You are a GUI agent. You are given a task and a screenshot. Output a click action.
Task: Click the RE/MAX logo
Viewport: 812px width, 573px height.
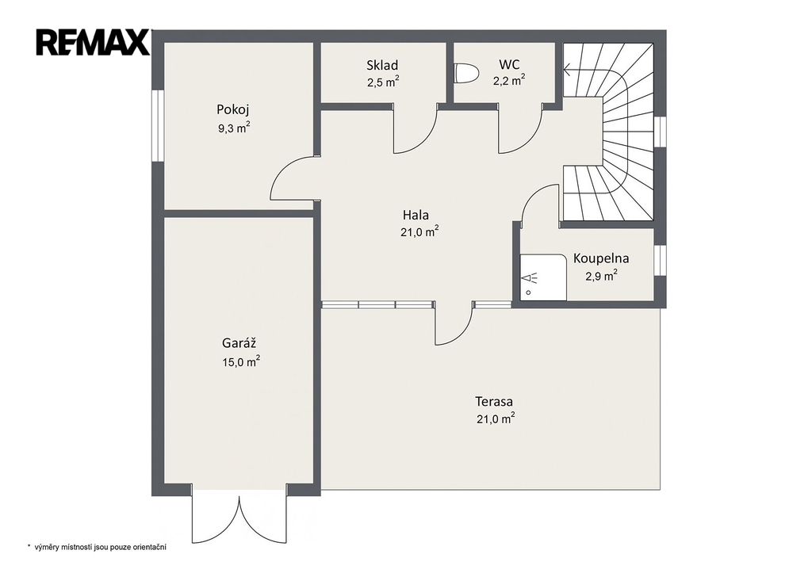click(x=93, y=42)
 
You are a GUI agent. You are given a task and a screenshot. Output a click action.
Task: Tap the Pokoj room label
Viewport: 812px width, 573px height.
click(x=233, y=109)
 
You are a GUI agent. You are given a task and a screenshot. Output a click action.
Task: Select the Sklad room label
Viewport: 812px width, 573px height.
click(x=382, y=65)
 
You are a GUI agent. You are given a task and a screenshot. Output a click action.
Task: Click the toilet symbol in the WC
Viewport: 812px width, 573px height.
click(x=465, y=73)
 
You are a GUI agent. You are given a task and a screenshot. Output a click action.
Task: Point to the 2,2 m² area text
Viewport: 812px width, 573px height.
click(x=509, y=81)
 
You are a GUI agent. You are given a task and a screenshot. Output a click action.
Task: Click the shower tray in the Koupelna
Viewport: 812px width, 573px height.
click(x=543, y=277)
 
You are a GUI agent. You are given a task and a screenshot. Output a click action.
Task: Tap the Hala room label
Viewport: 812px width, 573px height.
click(x=416, y=214)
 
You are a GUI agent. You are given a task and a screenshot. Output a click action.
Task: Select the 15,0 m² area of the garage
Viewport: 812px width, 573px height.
click(x=241, y=361)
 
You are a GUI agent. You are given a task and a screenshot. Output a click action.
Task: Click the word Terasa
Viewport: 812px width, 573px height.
click(x=494, y=401)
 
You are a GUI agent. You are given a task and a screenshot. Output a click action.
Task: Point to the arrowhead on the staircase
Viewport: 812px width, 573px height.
click(x=568, y=69)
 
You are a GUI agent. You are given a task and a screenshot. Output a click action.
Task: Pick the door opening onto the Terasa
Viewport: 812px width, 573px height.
click(x=454, y=325)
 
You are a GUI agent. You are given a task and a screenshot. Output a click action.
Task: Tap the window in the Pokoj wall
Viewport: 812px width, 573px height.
click(x=158, y=126)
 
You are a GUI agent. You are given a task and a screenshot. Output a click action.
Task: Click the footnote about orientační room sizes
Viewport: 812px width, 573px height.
click(x=97, y=547)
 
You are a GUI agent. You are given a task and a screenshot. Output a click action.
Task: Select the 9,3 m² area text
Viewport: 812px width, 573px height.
click(x=234, y=128)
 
